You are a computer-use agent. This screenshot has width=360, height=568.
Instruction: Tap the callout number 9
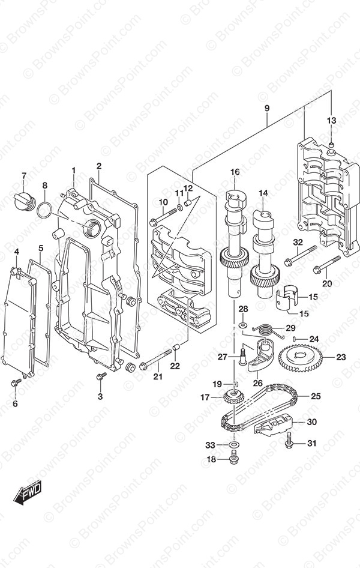coord(266,109)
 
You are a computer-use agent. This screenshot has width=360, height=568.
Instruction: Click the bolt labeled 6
coord(15,382)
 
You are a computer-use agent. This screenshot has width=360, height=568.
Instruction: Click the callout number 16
coord(235,172)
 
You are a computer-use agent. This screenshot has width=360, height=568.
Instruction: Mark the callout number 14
coord(263,193)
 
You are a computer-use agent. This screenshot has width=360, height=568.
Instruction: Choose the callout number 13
coord(331,121)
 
